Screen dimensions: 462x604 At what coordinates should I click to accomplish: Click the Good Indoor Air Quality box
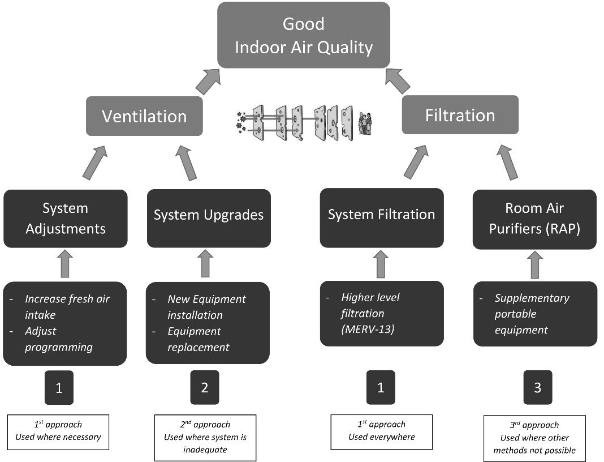click(x=304, y=35)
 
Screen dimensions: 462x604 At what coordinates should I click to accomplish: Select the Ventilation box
click(x=144, y=116)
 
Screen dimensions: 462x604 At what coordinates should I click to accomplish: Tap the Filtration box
click(x=460, y=115)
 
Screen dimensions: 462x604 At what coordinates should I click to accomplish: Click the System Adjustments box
click(x=66, y=219)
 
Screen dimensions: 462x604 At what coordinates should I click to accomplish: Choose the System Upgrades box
click(x=209, y=216)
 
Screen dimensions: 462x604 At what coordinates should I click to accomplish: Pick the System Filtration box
click(x=381, y=215)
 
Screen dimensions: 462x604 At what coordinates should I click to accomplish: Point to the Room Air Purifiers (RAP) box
click(x=534, y=219)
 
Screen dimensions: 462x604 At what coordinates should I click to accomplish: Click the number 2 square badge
click(x=204, y=388)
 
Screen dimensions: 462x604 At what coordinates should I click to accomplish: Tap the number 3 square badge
click(x=537, y=388)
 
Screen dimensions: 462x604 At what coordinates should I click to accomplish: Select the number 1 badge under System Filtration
click(x=381, y=388)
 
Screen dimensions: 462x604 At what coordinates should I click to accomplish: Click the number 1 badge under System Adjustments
click(x=59, y=388)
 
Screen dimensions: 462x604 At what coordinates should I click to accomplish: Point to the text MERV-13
click(x=368, y=329)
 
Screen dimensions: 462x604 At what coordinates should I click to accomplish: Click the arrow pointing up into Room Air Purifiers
click(x=534, y=264)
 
